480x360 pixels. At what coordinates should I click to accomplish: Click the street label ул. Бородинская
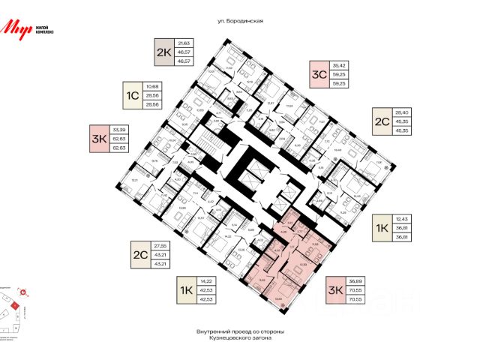point(239,22)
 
